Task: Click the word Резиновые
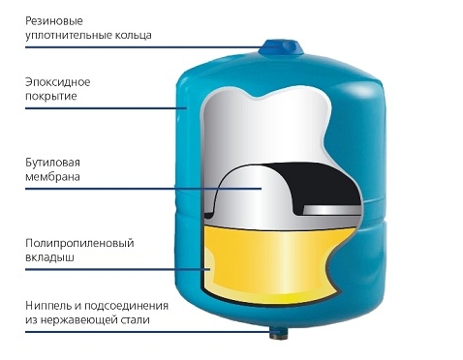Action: point(54,21)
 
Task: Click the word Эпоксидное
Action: point(58,82)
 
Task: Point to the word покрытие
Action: point(51,97)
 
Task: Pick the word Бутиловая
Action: point(52,163)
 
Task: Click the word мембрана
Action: point(52,177)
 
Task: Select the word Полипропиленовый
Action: point(79,243)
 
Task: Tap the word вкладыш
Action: point(49,257)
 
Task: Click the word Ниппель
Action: point(49,306)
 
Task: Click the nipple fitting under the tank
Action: point(279,333)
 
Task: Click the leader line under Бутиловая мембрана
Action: point(143,189)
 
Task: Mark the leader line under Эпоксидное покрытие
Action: point(106,108)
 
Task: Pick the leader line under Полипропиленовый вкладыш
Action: point(117,269)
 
